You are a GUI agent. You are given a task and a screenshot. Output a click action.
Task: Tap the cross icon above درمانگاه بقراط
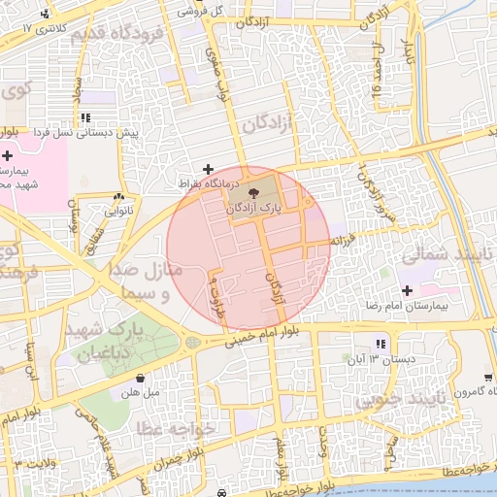(207, 169)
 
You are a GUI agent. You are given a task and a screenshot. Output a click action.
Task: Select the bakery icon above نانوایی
(119, 195)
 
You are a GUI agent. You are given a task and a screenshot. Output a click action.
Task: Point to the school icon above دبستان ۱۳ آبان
(381, 344)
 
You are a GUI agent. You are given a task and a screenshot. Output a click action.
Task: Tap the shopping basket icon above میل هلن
(141, 379)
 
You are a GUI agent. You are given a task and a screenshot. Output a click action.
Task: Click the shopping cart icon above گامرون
(487, 378)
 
